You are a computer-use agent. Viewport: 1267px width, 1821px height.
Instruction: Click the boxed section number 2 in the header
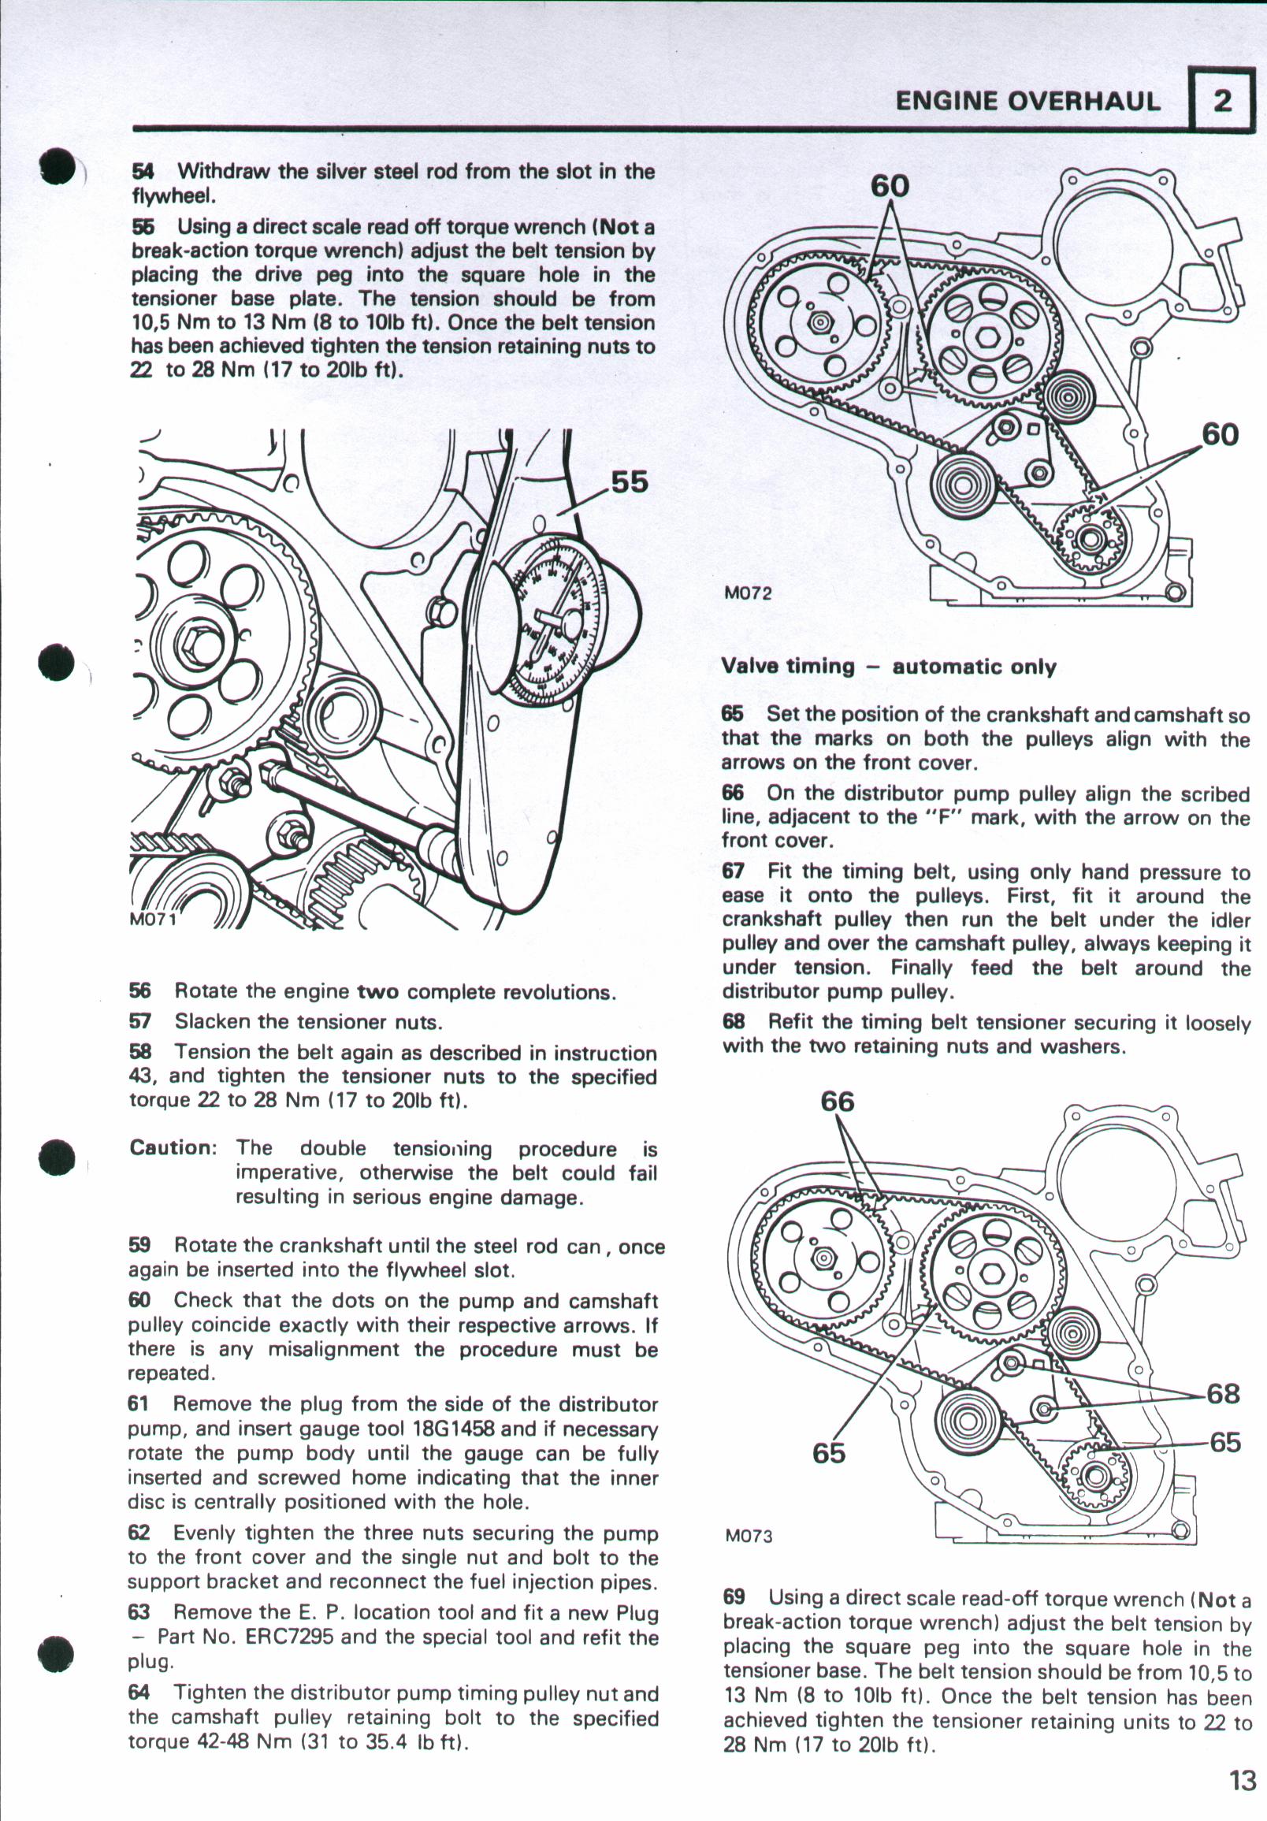(1223, 101)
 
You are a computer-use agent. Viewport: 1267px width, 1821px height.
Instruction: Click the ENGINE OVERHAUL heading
(1027, 101)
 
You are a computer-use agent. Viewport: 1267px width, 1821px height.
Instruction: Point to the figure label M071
(153, 920)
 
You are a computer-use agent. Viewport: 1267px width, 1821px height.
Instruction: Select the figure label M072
(748, 593)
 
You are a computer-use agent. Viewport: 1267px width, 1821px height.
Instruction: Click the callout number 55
(630, 481)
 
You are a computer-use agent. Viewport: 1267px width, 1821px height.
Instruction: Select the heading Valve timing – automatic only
(889, 666)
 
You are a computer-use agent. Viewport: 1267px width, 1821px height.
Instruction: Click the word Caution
(172, 1147)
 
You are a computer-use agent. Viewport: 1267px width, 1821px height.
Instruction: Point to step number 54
(143, 171)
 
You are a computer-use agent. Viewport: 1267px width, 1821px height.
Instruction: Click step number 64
(139, 1694)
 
